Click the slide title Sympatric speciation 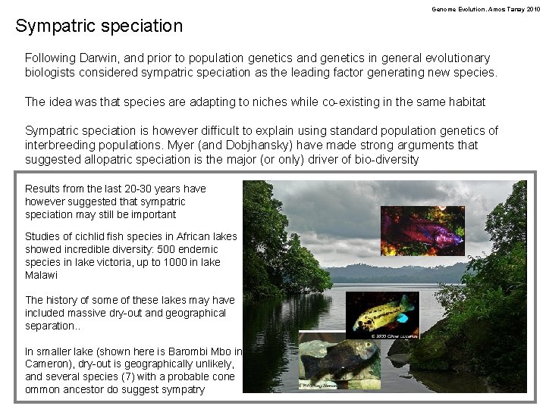tap(99, 27)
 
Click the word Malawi tap(41, 276)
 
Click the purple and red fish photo tap(423, 229)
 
